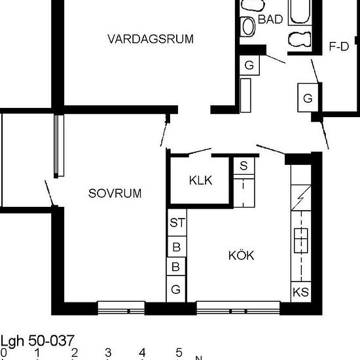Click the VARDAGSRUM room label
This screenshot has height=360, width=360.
pos(151,39)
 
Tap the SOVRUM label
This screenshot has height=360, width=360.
pos(115,193)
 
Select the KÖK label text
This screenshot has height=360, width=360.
pos(242,255)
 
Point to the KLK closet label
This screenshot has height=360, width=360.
pos(201,180)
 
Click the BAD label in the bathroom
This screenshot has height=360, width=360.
pos(270,19)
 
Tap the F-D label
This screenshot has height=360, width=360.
pos(339,46)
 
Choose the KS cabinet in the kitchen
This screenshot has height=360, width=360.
pos(301,292)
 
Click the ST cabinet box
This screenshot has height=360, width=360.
pos(177,223)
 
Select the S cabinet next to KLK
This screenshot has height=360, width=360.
pos(244,166)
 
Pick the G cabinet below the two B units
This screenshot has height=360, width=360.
pos(175,289)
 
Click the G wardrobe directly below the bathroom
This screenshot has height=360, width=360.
pos(249,65)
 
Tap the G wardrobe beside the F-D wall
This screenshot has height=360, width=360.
pos(308,98)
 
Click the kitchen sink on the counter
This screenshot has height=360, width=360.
pos(301,240)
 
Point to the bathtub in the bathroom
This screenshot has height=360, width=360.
pos(300,12)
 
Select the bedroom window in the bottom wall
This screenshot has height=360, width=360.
pos(121,308)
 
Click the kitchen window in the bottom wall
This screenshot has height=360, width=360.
pos(238,308)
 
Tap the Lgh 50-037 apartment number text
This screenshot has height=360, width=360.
pos(37,341)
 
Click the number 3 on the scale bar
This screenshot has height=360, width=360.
pos(108,352)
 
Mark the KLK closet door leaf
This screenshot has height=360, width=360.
pos(200,151)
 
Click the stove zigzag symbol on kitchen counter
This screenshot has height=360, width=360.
pos(301,198)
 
